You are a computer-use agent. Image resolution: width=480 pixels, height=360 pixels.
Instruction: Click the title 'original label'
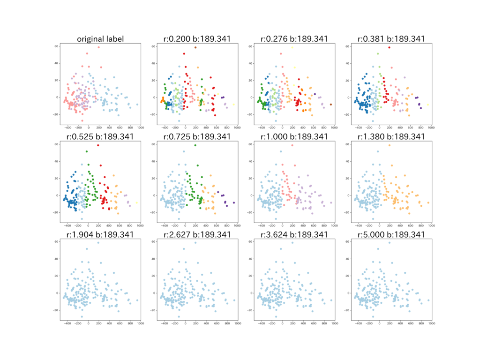[x=100, y=39]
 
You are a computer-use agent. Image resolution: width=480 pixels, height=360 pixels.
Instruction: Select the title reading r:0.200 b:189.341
[x=197, y=39]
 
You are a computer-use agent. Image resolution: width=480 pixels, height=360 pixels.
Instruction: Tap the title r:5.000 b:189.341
[x=391, y=234]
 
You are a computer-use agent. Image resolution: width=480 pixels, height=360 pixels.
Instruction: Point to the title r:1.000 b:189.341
[x=294, y=136]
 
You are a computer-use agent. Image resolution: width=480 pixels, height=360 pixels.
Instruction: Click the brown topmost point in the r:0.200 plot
[x=195, y=47]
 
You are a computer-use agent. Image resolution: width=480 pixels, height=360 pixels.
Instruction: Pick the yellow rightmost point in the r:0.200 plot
[x=233, y=105]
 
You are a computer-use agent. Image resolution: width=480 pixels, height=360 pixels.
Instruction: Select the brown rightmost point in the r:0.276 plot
[x=331, y=105]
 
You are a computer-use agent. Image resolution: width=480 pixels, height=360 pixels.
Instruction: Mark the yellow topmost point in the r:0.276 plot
[x=292, y=47]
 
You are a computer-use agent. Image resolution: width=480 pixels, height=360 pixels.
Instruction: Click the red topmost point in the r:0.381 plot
[x=390, y=47]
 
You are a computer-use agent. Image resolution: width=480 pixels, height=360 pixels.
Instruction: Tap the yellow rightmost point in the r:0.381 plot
[x=428, y=105]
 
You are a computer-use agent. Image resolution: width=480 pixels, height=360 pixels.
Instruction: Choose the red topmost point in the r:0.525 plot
[x=98, y=145]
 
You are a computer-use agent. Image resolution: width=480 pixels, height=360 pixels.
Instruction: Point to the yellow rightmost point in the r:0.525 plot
[x=136, y=202]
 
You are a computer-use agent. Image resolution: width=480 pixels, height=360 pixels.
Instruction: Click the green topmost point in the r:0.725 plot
[x=195, y=145]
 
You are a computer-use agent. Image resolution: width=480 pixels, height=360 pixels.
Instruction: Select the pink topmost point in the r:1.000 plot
[x=292, y=145]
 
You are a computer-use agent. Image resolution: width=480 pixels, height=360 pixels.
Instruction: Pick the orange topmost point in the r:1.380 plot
[x=390, y=145]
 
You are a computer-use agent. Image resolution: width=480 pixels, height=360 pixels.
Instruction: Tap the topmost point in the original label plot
[x=98, y=47]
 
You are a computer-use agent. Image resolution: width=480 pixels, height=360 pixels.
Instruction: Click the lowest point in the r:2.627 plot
[x=179, y=316]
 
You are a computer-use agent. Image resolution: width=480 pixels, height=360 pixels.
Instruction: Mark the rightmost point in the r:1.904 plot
[x=137, y=300]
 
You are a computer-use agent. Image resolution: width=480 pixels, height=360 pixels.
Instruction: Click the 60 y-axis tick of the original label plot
[x=57, y=46]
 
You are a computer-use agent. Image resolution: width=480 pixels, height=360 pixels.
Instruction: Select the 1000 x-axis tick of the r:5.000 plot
[x=432, y=323]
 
